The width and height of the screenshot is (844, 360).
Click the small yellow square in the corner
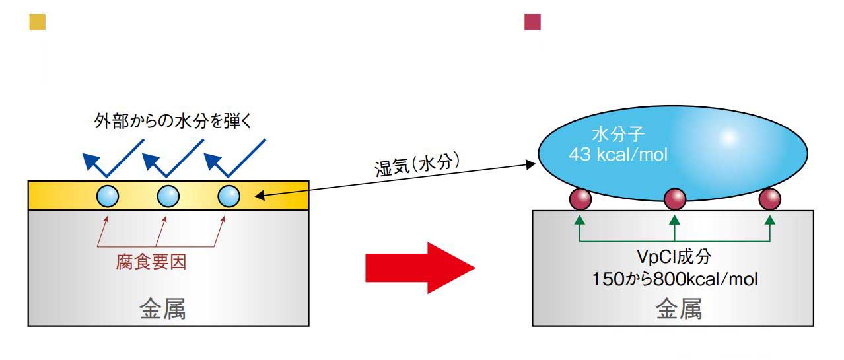(x=37, y=22)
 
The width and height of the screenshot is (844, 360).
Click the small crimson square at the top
(x=532, y=22)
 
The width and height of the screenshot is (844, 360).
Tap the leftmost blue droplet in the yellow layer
(x=108, y=196)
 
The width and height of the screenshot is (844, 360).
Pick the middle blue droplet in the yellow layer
(x=168, y=196)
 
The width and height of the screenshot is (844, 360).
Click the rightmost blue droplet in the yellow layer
(x=229, y=196)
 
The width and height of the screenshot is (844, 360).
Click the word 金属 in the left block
(x=162, y=309)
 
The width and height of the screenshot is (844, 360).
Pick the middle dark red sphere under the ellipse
(x=674, y=198)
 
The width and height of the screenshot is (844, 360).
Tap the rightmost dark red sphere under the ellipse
(x=769, y=198)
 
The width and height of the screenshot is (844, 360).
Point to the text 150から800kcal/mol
(x=675, y=279)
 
